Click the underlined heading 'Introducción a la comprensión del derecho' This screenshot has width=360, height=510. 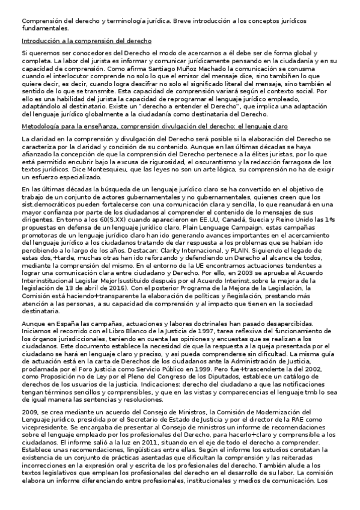coord(86,41)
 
